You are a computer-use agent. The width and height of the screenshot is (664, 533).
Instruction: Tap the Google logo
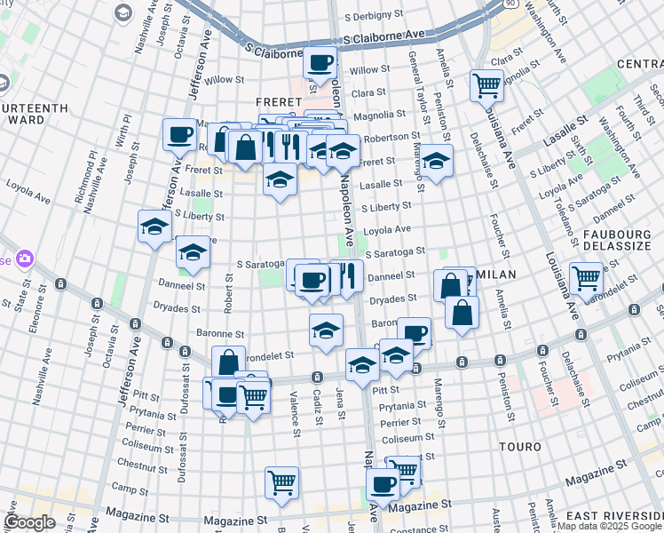coord(30,522)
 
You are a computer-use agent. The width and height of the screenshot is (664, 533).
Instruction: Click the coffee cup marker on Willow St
coord(320,63)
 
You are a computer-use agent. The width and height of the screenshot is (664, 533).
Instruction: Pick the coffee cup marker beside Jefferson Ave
coord(179,136)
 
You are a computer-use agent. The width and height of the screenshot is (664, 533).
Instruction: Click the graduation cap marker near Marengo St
coord(436,161)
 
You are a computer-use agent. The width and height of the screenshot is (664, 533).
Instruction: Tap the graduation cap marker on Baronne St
coord(327,330)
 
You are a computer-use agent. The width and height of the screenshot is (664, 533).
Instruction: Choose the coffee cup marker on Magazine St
coord(383,485)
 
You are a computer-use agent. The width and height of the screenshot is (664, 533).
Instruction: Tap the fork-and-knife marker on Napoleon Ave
coord(348,275)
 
